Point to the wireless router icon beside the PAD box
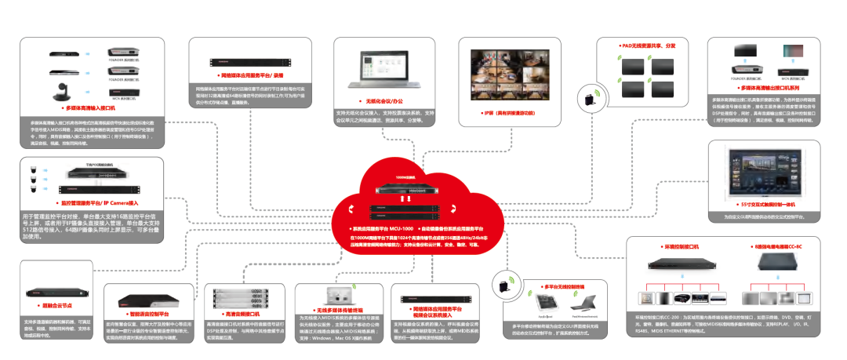587,98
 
